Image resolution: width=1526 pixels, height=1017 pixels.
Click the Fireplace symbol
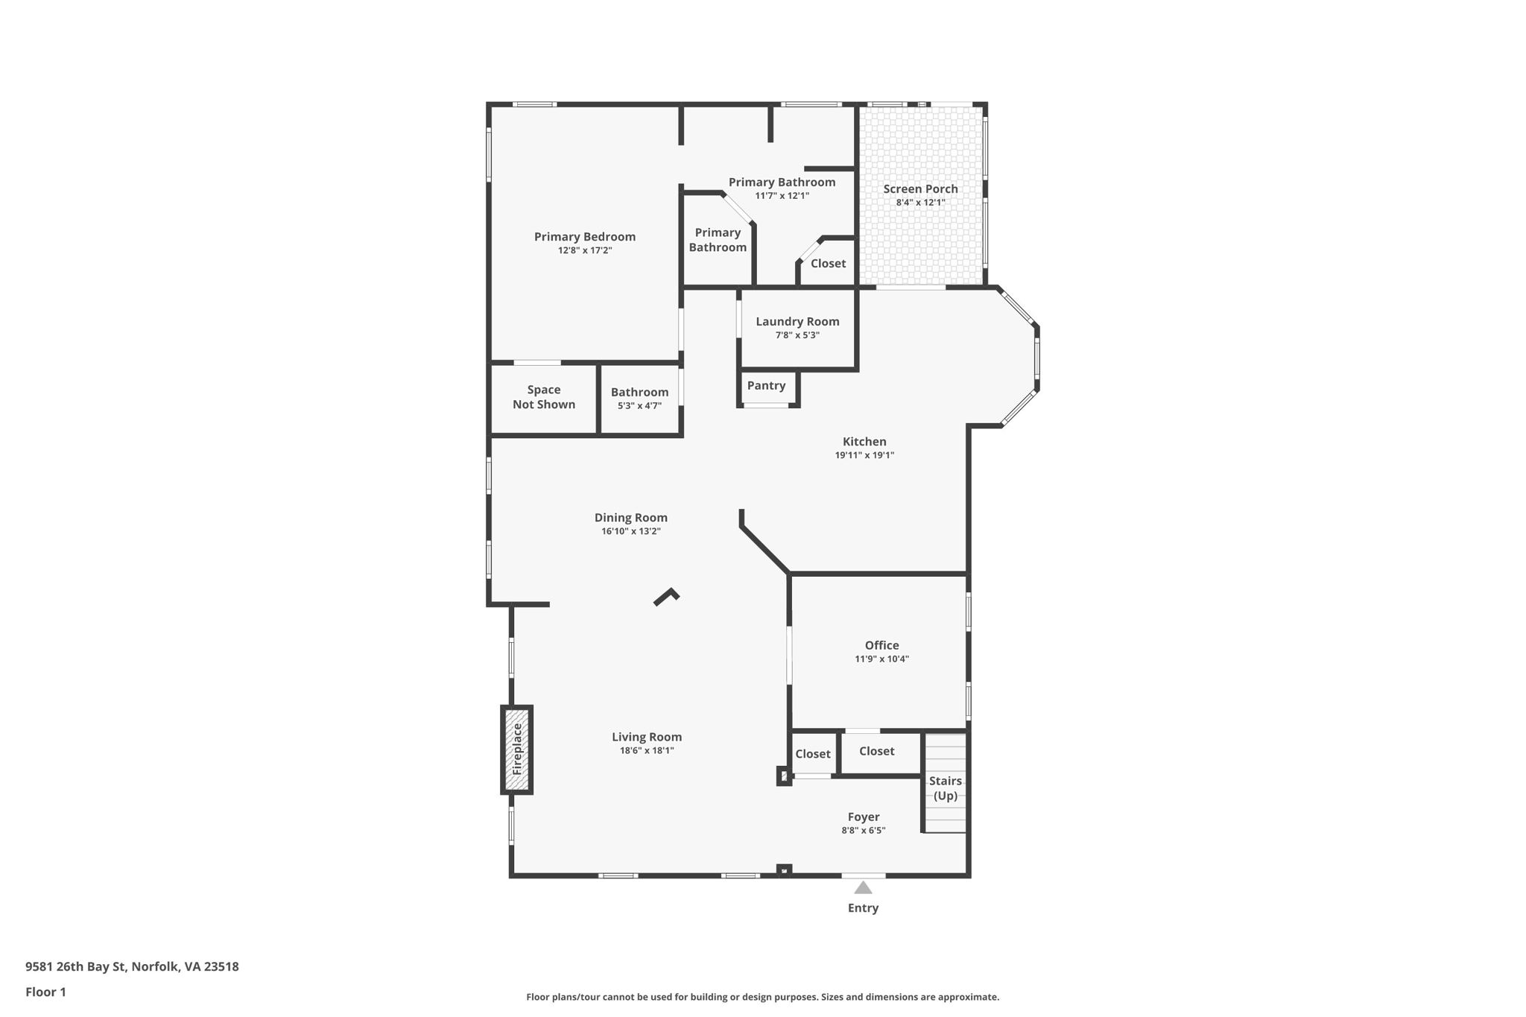pos(516,750)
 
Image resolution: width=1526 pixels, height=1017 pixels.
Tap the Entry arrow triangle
pos(863,887)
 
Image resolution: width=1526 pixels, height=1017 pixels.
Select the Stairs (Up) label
pos(945,788)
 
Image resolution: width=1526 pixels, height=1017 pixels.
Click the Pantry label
pos(766,385)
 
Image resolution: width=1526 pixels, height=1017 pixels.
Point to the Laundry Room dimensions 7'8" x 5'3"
pos(797,335)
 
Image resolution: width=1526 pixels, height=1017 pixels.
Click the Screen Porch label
pos(920,188)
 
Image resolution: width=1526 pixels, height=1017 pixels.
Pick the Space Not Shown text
pos(544,397)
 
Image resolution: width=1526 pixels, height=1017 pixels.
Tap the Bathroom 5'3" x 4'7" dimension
pos(639,406)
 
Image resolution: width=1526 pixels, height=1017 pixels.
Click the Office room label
pos(881,645)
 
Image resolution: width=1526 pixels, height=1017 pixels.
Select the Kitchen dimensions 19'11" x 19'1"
pos(864,455)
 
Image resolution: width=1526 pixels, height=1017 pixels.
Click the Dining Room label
pos(630,517)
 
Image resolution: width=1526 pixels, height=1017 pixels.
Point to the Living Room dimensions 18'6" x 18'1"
pos(647,750)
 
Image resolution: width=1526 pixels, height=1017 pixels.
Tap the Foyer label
pos(864,817)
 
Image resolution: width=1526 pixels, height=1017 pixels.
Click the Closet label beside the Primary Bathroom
pos(828,263)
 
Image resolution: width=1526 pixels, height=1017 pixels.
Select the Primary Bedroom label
pos(585,236)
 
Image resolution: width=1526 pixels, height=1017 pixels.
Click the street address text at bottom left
pos(132,966)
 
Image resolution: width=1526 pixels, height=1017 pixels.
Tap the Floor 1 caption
pos(45,992)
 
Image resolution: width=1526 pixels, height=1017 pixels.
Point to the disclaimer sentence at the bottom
pos(762,997)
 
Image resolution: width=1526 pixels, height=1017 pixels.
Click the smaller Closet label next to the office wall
pos(812,753)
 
